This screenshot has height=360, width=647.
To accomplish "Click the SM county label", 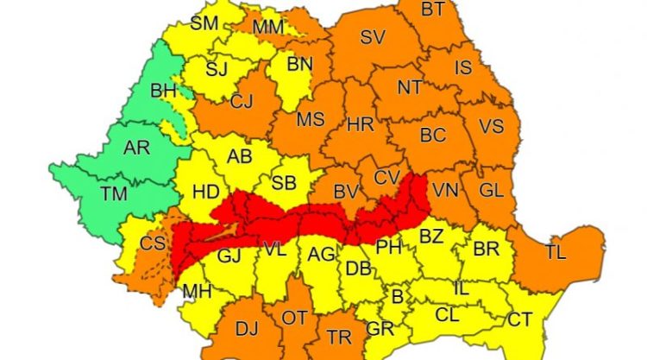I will [204, 23].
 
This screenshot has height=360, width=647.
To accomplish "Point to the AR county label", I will [136, 148].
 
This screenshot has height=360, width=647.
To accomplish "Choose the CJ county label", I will [242, 102].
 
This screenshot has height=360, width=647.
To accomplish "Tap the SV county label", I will [372, 37].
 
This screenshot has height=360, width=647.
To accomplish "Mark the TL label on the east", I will [556, 252].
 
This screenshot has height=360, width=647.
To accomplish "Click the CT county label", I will [519, 319].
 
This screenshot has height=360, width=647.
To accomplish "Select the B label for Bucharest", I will [398, 297].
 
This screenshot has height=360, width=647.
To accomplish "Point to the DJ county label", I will [247, 328].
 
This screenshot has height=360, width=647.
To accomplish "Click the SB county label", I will [284, 183].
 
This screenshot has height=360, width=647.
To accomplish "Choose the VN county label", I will [446, 190].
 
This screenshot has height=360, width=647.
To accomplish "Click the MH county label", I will [197, 292].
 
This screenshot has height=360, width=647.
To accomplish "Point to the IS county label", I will [463, 66].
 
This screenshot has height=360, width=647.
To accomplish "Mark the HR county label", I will [360, 125].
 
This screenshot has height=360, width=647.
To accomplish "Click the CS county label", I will [153, 244].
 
